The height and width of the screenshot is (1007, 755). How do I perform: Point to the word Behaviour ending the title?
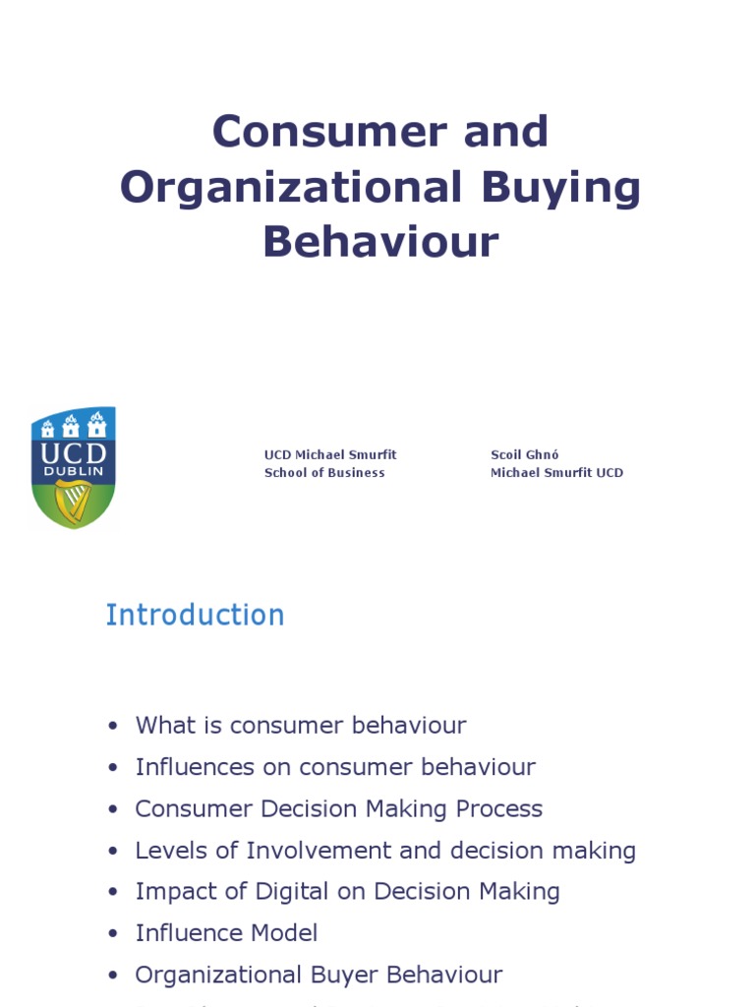(x=380, y=242)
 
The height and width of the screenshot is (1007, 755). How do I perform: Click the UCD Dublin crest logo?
(x=74, y=467)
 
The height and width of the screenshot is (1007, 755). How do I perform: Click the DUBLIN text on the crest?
(x=74, y=472)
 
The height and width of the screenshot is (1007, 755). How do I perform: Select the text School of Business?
(x=324, y=473)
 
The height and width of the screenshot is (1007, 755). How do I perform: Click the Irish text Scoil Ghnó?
(x=525, y=454)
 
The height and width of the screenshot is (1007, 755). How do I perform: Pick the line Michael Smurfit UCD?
(x=556, y=473)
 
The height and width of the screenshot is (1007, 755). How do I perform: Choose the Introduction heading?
(x=195, y=616)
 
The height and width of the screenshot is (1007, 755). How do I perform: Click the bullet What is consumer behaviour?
(x=300, y=726)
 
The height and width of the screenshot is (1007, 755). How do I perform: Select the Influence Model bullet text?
(x=226, y=933)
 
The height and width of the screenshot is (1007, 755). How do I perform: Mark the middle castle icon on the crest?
(x=71, y=426)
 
